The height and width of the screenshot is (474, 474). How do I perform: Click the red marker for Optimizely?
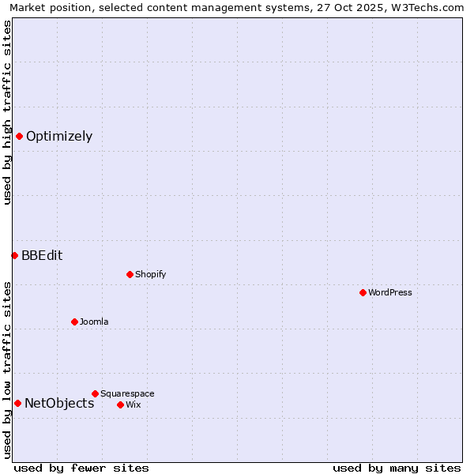(19, 136)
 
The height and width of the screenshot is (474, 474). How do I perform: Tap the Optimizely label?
(59, 137)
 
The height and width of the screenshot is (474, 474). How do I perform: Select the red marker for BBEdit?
(14, 255)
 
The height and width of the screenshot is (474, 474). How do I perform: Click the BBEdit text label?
(42, 256)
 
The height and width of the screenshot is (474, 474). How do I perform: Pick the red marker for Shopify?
(130, 274)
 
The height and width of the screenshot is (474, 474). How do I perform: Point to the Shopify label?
(150, 275)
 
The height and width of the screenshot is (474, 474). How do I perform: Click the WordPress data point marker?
(363, 292)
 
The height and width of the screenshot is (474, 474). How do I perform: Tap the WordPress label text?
(389, 293)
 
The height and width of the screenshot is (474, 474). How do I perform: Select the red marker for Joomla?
(74, 322)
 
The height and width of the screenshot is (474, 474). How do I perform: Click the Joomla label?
(94, 322)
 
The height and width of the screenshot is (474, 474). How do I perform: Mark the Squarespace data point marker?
(95, 393)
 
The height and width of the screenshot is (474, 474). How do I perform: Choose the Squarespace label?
(127, 394)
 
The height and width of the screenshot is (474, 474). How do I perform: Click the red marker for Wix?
(120, 404)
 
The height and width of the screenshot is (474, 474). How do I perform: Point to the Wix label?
(133, 405)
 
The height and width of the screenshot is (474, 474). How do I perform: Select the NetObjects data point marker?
(17, 403)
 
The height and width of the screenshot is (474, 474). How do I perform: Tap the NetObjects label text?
(59, 404)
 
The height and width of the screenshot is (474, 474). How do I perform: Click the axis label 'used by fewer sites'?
(81, 468)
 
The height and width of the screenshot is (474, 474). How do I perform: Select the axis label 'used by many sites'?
(397, 468)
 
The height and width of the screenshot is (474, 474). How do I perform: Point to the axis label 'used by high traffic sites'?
(8, 112)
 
